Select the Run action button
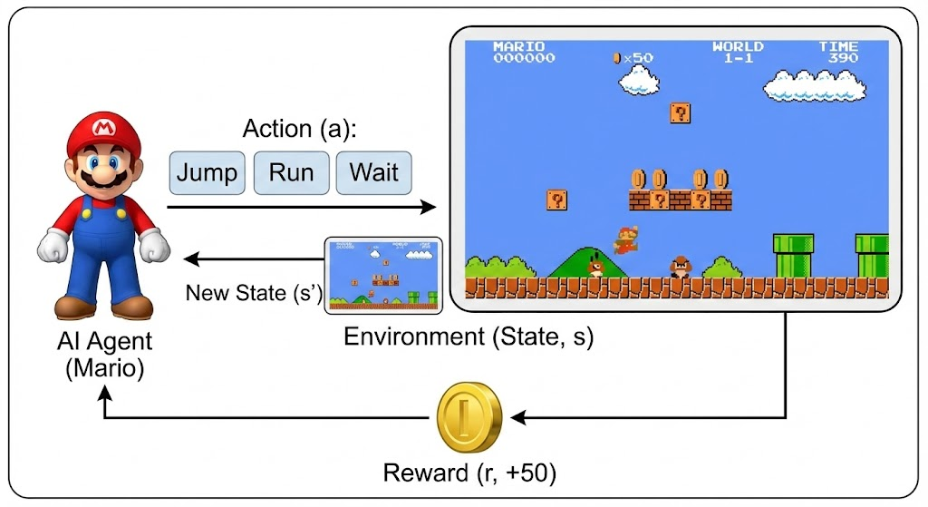pyautogui.click(x=291, y=171)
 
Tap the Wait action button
pyautogui.click(x=373, y=171)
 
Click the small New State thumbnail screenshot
pyautogui.click(x=383, y=275)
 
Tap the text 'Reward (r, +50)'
pyautogui.click(x=469, y=473)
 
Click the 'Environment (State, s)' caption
pyautogui.click(x=469, y=337)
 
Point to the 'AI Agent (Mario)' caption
pyautogui.click(x=101, y=356)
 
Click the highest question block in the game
pyautogui.click(x=681, y=113)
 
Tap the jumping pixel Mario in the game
pyautogui.click(x=625, y=239)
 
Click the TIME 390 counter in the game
pyautogui.click(x=838, y=53)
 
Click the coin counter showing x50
pyautogui.click(x=633, y=58)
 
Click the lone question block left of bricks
pyautogui.click(x=557, y=200)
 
